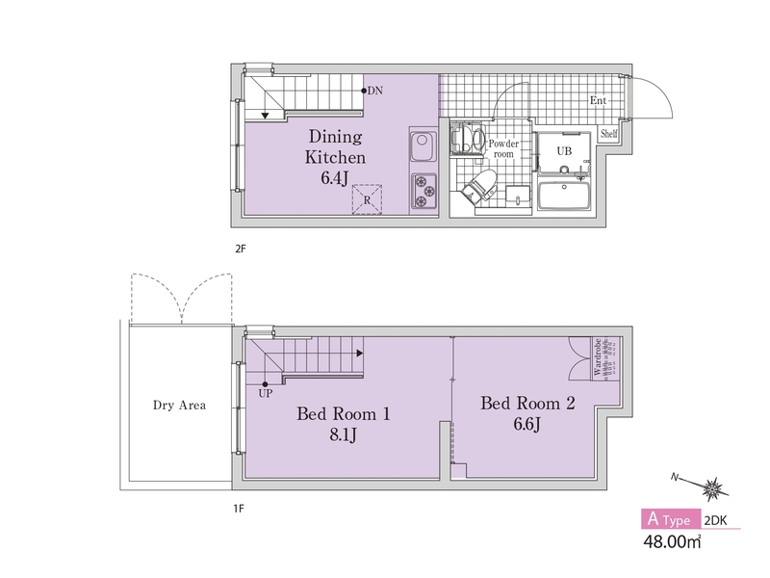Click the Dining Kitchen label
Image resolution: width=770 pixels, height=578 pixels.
[335, 146]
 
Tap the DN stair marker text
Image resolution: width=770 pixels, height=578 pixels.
[375, 91]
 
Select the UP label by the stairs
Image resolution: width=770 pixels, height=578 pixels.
[266, 393]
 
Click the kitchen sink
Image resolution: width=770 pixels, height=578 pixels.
[423, 146]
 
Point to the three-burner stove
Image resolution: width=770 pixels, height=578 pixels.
[423, 191]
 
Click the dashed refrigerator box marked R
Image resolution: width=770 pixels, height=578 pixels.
[367, 199]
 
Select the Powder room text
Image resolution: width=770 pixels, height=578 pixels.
[503, 148]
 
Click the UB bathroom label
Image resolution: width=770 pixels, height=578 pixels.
[564, 151]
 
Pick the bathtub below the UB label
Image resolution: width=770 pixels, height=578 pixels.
[564, 195]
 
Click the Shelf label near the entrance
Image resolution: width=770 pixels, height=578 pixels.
[608, 133]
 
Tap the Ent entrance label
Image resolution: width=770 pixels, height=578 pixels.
[598, 101]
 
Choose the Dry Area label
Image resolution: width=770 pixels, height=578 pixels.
[179, 406]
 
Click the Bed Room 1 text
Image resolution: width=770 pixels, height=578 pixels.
[344, 414]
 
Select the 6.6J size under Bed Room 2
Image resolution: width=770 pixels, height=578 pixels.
[526, 424]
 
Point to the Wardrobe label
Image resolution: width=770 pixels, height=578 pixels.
[598, 357]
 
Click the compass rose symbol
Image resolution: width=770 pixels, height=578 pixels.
[712, 489]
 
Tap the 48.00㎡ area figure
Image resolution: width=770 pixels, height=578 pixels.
[672, 541]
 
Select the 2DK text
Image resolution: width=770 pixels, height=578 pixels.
[715, 520]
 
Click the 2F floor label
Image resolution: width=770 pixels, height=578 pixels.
[240, 249]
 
